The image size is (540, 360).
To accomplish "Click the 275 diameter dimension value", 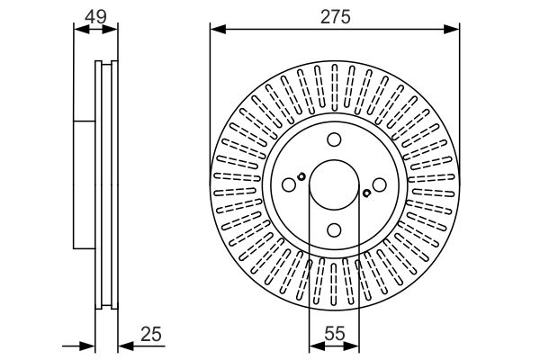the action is point(335,17).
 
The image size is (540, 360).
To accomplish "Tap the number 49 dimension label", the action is point(95,17).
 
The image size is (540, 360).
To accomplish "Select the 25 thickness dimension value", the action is point(151,334).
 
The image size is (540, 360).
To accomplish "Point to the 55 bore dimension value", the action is point(335,333).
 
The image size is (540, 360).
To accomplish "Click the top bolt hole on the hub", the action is point(334,139).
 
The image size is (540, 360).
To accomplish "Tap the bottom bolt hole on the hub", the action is point(334,230).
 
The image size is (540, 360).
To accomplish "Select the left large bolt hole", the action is point(289,185).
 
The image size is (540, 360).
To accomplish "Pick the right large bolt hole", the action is point(380,185).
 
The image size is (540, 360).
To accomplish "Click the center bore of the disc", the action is point(334,185).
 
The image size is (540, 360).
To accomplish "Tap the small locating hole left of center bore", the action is point(301,176).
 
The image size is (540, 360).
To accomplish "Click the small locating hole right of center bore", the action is point(367,193).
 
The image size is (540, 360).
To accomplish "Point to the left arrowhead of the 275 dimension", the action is point(218,30).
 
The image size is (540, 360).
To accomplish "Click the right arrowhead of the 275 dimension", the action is point(452,30).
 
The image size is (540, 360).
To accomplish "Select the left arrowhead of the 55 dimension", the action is point(317,346).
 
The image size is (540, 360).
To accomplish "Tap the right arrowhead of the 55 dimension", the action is point(352,346).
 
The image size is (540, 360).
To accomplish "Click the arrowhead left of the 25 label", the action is point(126,346).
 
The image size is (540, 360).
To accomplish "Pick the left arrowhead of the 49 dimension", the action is point(82,30).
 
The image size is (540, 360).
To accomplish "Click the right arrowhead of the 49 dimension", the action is point(110,30).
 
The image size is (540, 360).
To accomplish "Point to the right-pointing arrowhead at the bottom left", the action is point(86,346).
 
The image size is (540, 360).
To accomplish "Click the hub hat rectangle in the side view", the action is point(85,184).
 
